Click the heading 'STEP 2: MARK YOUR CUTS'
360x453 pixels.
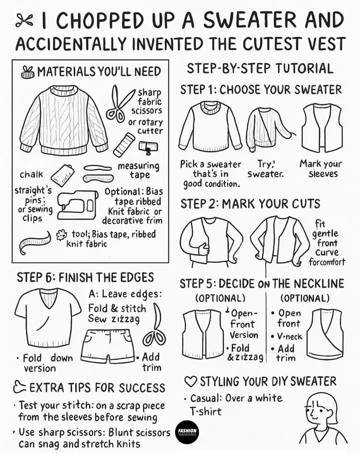click(x=250, y=204)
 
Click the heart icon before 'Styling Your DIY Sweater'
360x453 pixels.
click(x=190, y=381)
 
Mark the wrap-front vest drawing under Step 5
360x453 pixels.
click(x=326, y=334)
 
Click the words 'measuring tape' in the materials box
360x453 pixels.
click(x=139, y=170)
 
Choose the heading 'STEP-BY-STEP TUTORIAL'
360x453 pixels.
click(x=260, y=69)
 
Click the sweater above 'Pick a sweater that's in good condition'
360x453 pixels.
click(x=210, y=126)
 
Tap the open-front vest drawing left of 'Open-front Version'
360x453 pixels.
click(x=203, y=333)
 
